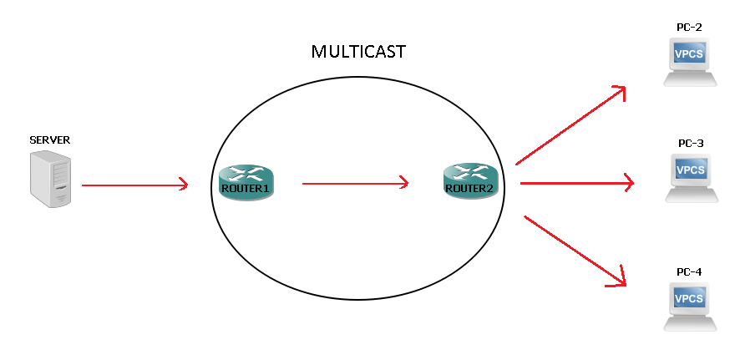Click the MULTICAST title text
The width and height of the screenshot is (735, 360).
pos(357,52)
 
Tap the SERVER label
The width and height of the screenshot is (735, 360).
pos(49,140)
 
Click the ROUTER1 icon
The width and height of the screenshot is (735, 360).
pos(246,181)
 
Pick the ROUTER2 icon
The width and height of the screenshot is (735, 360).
pos(470,181)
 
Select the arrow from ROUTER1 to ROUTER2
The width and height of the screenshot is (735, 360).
pos(355,183)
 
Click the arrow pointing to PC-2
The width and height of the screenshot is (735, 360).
pos(570,125)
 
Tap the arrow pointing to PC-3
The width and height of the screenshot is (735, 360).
pos(576,183)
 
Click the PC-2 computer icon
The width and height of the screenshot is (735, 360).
pos(690,62)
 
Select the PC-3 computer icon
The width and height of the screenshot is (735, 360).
pos(691,177)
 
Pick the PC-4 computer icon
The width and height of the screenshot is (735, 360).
pos(690,305)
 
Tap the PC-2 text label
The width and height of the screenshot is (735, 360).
pos(689,28)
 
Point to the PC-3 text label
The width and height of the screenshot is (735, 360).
pos(691,144)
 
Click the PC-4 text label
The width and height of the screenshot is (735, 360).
pos(689,271)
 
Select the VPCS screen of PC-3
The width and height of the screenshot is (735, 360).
pos(691,170)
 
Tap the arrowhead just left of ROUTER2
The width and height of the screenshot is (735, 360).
pos(404,183)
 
